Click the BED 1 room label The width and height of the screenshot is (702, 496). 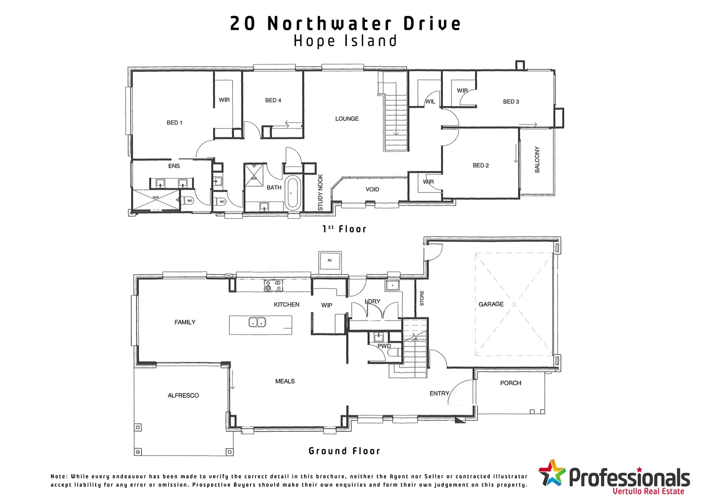coord(175,123)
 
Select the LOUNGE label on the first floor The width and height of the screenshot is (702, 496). coord(347,118)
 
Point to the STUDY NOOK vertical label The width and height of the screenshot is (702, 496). coord(321,192)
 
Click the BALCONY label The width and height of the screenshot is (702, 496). coord(537,159)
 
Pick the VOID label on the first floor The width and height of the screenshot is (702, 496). coord(372,189)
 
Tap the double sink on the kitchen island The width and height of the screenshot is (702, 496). coord(257,322)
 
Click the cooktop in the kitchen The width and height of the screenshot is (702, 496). coord(273,286)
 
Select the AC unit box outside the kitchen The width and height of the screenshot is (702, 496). coord(330,260)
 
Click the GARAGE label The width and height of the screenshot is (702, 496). coord(491,304)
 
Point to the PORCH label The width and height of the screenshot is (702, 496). coord(510,383)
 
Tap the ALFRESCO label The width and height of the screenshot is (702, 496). coord(183,395)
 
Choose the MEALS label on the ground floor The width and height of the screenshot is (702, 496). coord(285,381)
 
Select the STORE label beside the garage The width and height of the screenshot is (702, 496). coord(422,298)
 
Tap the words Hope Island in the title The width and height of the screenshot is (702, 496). coord(345,41)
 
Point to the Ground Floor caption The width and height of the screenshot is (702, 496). coord(345,451)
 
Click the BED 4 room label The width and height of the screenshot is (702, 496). coord(273,100)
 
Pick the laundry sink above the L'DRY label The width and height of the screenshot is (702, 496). coord(393,286)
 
